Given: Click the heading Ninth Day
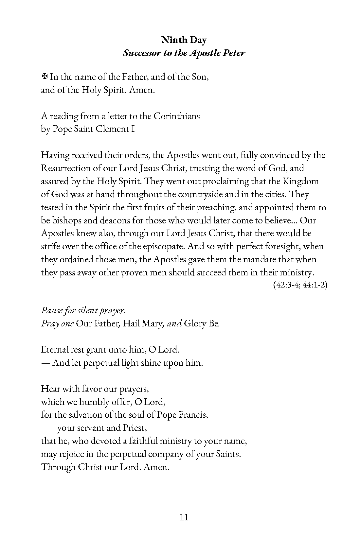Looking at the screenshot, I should (184, 40).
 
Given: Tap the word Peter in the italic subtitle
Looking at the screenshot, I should (234, 53).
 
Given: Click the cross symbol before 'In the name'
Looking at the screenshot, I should (44, 77).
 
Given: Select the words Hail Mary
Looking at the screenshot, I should (143, 323).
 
